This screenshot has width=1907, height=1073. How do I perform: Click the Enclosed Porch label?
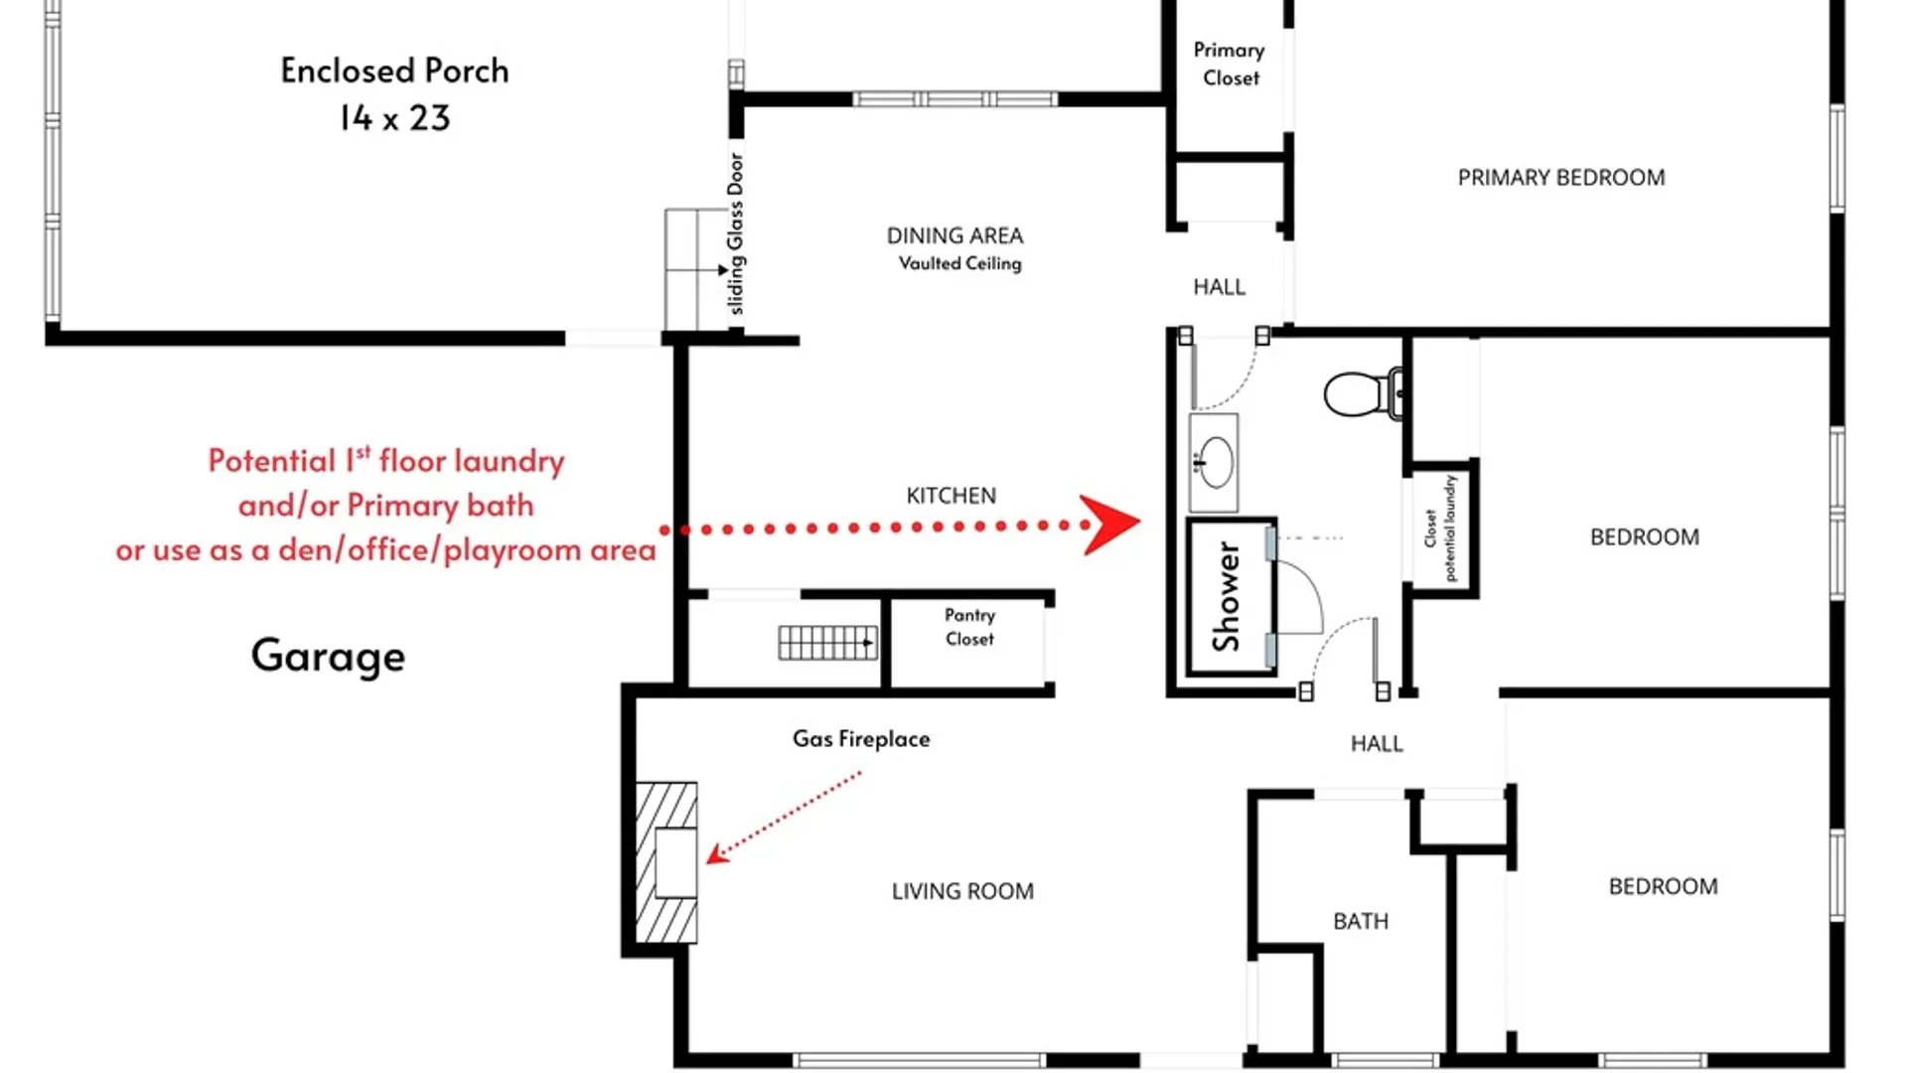[x=394, y=71]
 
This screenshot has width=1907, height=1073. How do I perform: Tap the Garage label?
[x=328, y=656]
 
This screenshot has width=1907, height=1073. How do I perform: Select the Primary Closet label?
[x=1230, y=64]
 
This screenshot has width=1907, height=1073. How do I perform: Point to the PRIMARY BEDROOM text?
[x=1561, y=178]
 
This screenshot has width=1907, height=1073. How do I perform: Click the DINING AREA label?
[x=954, y=235]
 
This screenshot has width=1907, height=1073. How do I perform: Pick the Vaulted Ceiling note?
[x=959, y=263]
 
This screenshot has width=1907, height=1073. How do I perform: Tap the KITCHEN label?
[x=951, y=496]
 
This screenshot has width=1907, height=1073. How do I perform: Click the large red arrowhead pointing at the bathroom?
[x=1110, y=524]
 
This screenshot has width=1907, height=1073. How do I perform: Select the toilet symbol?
[x=1365, y=393]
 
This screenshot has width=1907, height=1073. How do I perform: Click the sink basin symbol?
[x=1215, y=462]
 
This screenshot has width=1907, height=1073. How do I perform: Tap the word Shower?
[x=1228, y=596]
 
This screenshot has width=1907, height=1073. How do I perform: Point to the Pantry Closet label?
[x=969, y=627]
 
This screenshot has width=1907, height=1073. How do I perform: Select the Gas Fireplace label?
[x=861, y=739]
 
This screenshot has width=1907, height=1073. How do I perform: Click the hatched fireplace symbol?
[x=666, y=862]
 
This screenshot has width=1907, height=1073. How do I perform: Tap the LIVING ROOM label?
[x=962, y=891]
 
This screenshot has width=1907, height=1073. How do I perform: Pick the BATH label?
[x=1361, y=922]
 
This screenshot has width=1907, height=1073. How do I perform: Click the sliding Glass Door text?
[x=735, y=233]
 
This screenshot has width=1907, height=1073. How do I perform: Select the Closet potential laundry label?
[x=1439, y=528]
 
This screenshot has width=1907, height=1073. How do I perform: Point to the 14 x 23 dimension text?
[x=394, y=118]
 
